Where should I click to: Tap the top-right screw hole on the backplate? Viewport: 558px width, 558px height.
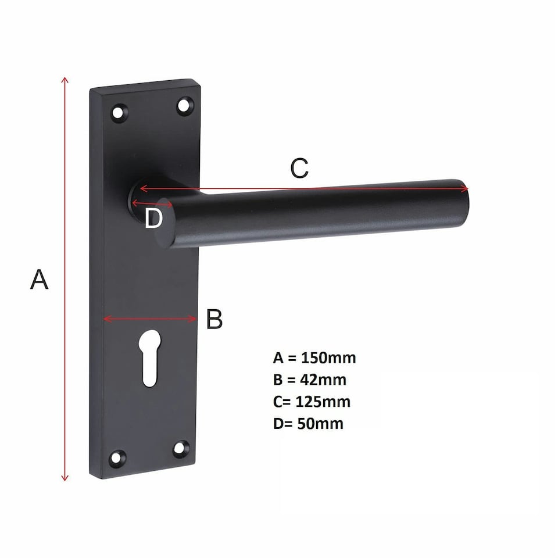pyautogui.click(x=184, y=105)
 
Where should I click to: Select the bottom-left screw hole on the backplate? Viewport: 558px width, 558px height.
pyautogui.click(x=119, y=457)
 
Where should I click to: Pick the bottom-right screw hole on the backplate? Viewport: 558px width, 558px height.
pyautogui.click(x=181, y=448)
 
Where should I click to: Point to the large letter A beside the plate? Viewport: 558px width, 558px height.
pyautogui.click(x=39, y=280)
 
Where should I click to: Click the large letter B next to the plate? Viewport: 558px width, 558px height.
pyautogui.click(x=214, y=319)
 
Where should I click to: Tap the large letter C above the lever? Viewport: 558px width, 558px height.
pyautogui.click(x=299, y=169)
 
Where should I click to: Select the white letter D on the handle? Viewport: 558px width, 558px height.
pyautogui.click(x=153, y=219)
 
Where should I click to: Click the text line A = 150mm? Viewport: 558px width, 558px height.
pyautogui.click(x=314, y=357)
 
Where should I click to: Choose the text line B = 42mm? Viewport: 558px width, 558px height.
pyautogui.click(x=309, y=380)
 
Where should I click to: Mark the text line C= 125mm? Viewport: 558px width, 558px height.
pyautogui.click(x=312, y=402)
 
